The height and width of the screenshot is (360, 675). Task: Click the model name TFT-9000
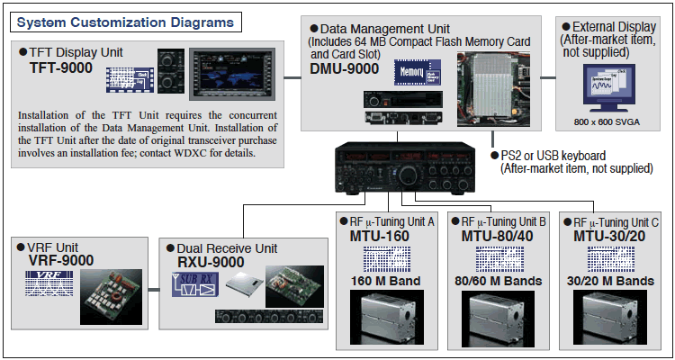click(61, 67)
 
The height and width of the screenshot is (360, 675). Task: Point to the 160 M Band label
click(386, 281)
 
